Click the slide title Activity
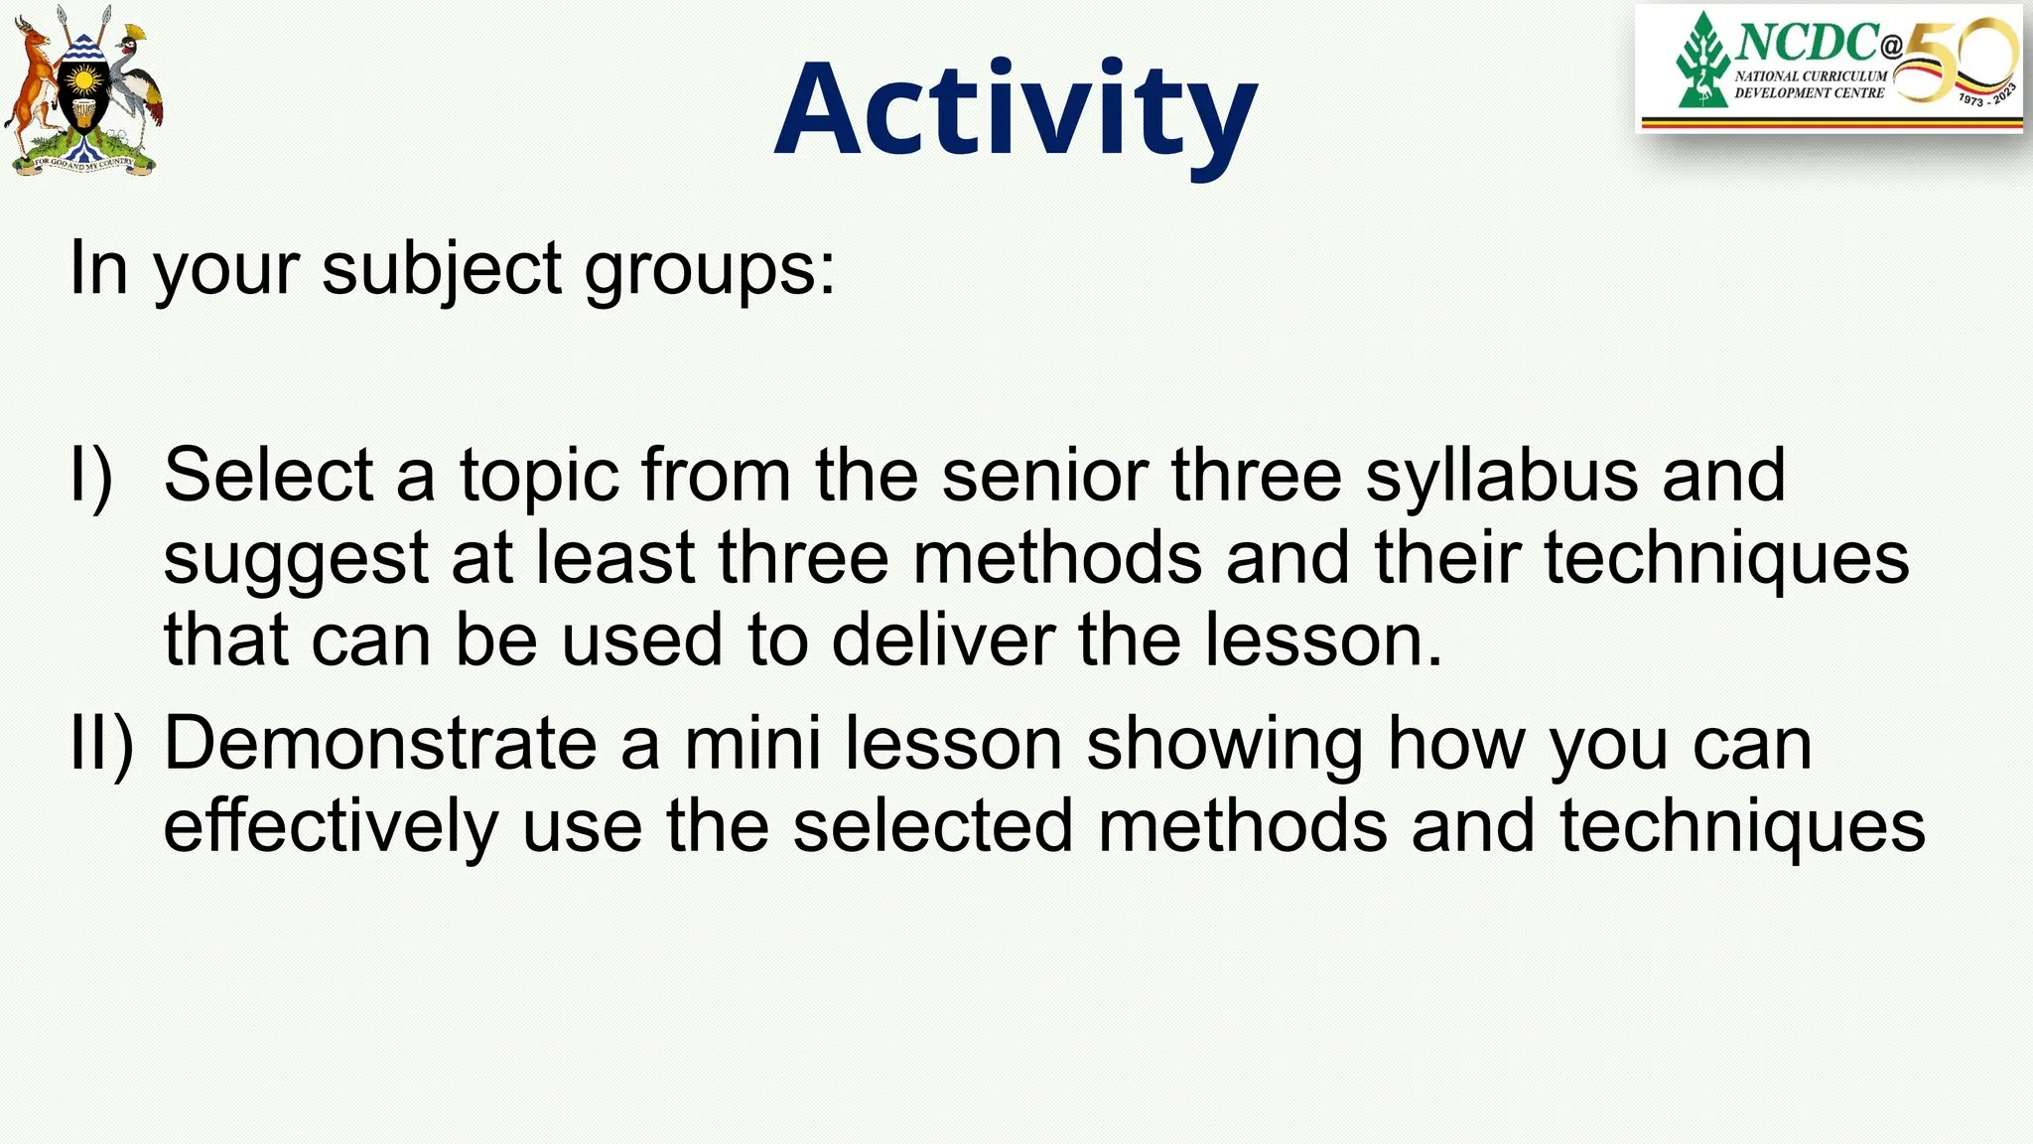(1016, 111)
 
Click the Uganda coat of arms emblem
(83, 91)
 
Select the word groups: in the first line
(709, 270)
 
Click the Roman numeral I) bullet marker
(91, 477)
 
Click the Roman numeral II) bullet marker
(100, 745)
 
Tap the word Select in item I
(267, 476)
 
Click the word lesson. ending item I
(1323, 640)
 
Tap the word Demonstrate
(379, 744)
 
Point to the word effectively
(330, 826)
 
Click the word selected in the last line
(933, 826)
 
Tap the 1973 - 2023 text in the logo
(1987, 95)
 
